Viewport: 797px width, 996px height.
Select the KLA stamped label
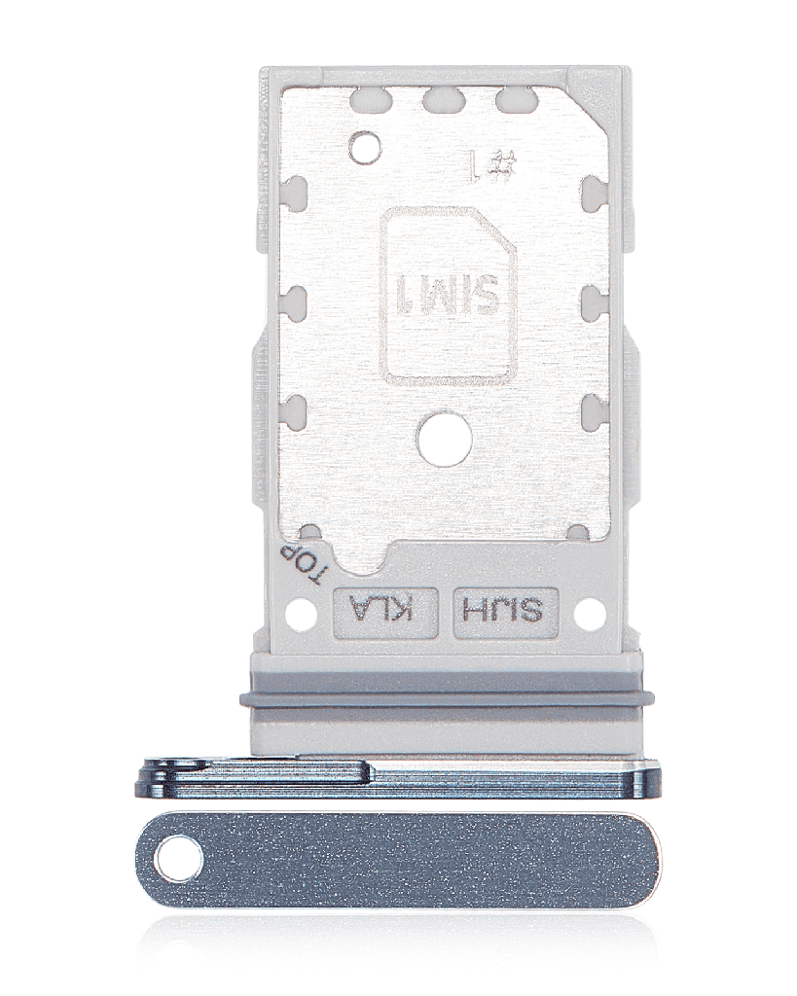tap(388, 612)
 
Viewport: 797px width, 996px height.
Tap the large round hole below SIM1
tap(444, 441)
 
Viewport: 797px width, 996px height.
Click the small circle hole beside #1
tap(365, 148)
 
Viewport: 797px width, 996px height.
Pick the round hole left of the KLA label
tap(302, 614)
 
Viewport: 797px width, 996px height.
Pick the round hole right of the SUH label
tap(590, 614)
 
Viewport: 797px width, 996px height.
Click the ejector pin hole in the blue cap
tap(180, 860)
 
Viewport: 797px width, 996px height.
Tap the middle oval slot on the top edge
tap(443, 98)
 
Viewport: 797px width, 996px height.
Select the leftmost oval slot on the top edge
tap(371, 98)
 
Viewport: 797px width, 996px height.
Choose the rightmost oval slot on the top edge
tap(513, 98)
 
